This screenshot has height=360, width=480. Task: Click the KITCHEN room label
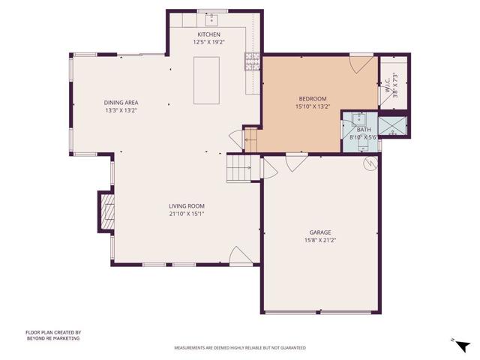(209, 35)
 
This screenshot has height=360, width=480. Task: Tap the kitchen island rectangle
(206, 80)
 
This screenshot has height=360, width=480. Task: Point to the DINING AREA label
(121, 103)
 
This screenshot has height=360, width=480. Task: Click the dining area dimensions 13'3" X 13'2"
(121, 110)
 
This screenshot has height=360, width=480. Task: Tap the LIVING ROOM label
(186, 205)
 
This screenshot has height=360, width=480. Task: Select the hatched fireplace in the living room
(106, 211)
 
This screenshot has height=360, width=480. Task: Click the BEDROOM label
(313, 99)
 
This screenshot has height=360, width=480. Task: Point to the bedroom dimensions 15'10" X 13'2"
(313, 106)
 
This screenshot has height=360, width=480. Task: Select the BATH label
(364, 130)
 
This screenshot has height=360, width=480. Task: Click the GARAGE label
(320, 232)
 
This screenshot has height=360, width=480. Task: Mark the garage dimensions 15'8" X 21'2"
(320, 240)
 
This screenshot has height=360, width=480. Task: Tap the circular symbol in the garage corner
(368, 165)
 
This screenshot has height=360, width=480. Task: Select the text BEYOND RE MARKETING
(52, 338)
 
